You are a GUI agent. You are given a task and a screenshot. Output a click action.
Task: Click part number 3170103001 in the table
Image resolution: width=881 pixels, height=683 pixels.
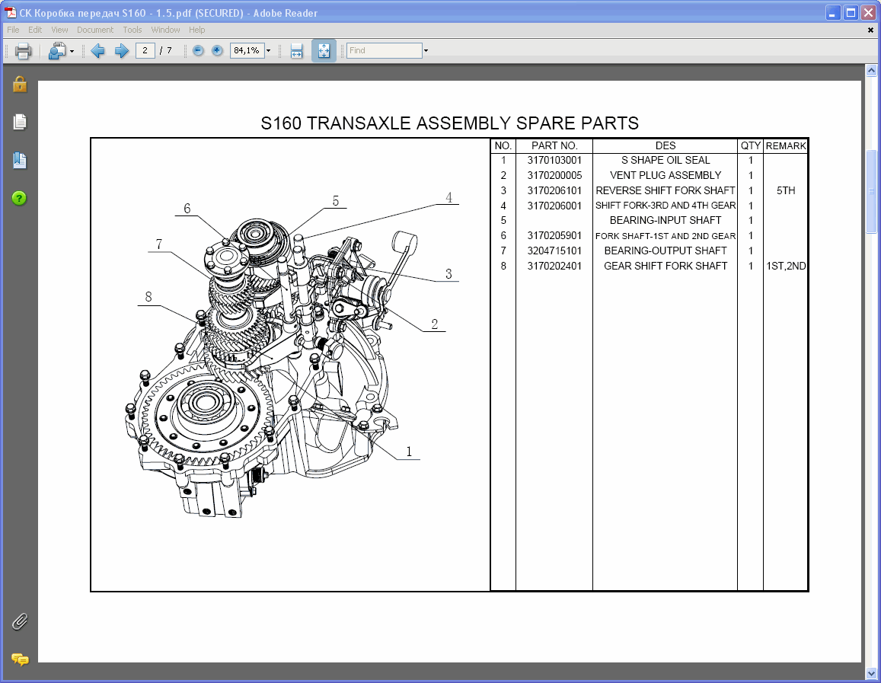tap(554, 161)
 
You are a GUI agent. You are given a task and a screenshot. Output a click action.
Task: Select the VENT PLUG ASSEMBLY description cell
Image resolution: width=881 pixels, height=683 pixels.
tap(665, 176)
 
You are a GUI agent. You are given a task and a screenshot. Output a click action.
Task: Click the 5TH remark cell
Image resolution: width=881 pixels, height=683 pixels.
tap(785, 191)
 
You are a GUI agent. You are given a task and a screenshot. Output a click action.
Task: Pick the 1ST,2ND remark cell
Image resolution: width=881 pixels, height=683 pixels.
tap(785, 266)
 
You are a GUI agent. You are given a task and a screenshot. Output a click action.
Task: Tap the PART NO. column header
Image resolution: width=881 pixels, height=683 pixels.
tap(554, 145)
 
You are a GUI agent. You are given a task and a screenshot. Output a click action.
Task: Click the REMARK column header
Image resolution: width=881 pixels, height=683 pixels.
tap(785, 145)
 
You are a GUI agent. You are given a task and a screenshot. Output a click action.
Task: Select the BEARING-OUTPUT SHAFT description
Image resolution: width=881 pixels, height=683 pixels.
tap(665, 251)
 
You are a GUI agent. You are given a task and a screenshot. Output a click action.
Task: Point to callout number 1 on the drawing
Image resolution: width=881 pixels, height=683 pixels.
tap(409, 452)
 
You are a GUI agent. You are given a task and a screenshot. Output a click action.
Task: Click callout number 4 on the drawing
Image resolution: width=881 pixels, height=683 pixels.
tap(449, 197)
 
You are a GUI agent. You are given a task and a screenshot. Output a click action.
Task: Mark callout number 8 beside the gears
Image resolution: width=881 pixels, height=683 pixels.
tap(148, 296)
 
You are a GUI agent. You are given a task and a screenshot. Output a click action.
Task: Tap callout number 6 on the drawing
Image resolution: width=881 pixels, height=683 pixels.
tap(187, 209)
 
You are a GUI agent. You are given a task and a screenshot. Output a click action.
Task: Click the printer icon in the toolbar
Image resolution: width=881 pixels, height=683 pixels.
tap(23, 51)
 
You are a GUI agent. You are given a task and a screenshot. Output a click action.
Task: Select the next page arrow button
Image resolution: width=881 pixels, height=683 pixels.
tap(121, 51)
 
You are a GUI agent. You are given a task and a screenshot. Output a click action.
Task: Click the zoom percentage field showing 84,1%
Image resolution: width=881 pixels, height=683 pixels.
tap(247, 51)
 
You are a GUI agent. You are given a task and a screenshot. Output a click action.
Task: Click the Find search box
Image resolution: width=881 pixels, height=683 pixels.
tap(384, 51)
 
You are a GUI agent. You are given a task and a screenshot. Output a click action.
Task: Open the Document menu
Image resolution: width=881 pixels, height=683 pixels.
tap(94, 30)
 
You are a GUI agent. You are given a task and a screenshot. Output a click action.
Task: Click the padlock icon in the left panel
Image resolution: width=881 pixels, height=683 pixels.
tap(20, 84)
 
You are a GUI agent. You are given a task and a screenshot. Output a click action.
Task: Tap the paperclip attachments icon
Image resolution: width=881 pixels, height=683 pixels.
tap(20, 621)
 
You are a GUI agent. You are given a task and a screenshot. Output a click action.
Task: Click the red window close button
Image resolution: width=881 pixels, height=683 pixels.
tap(867, 12)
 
